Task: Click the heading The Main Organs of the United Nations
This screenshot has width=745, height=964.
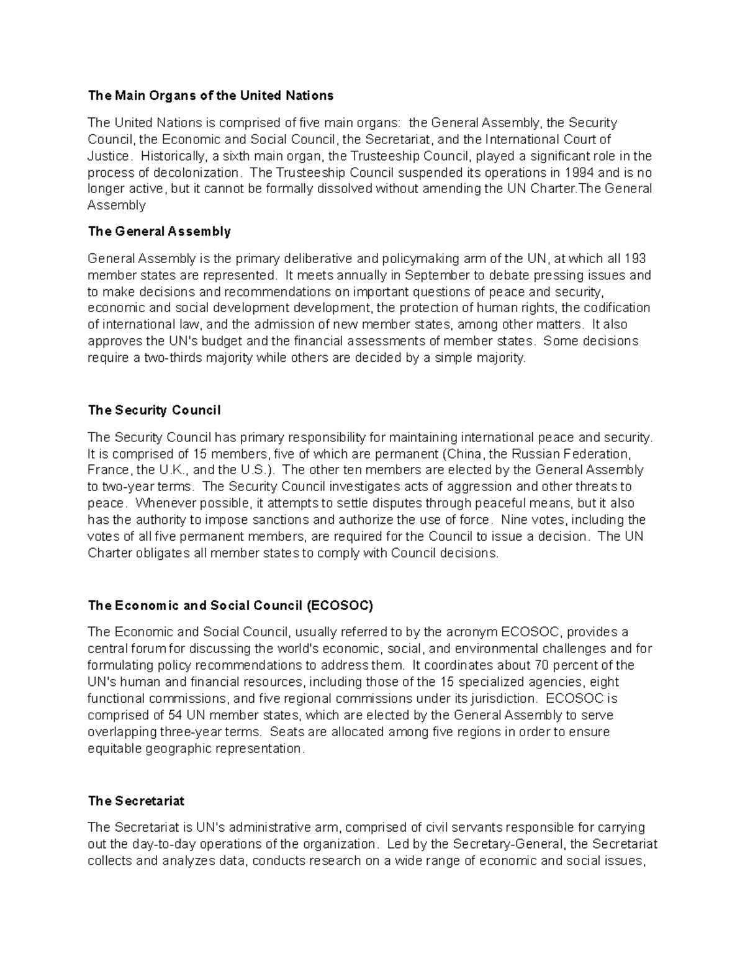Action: (210, 96)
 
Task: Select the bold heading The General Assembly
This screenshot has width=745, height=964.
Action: (159, 232)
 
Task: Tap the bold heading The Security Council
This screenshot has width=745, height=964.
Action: (154, 410)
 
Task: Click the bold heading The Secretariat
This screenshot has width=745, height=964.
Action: (136, 801)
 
